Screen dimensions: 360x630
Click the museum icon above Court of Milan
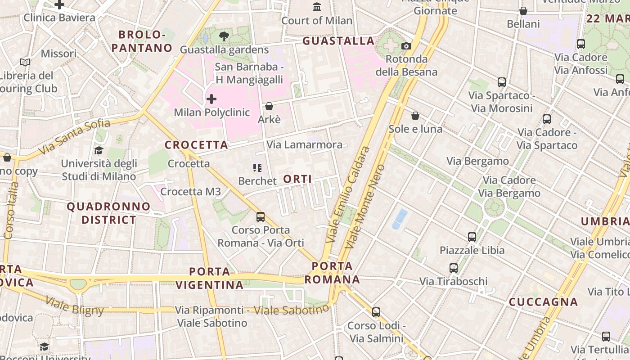click(x=317, y=7)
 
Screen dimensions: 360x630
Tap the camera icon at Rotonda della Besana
click(x=406, y=46)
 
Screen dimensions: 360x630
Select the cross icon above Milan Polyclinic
click(x=211, y=99)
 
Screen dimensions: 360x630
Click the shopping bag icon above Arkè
click(x=269, y=106)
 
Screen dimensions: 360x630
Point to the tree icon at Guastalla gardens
click(x=224, y=36)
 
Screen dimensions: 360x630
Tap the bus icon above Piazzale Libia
click(x=472, y=237)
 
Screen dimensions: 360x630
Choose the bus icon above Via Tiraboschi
click(x=454, y=268)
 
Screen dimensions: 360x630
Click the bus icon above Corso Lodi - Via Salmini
click(x=376, y=312)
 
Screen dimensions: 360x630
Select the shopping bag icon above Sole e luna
click(x=415, y=116)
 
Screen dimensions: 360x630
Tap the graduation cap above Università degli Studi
click(x=99, y=150)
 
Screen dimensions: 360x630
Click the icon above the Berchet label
click(x=257, y=168)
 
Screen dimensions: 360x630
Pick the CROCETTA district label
click(x=196, y=145)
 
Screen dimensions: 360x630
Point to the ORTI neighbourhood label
click(x=297, y=179)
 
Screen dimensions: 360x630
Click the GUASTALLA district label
click(x=338, y=41)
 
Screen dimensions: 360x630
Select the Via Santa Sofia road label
click(x=74, y=136)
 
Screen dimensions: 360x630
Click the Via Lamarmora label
click(x=304, y=145)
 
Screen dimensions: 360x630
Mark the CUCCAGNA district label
click(x=543, y=302)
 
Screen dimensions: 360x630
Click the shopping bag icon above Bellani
click(x=523, y=11)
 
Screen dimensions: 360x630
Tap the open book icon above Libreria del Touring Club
click(x=25, y=62)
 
